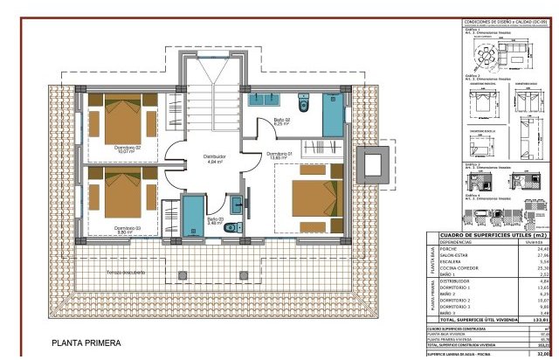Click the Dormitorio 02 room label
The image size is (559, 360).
tap(127, 148)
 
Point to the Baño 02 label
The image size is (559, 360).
tap(282, 121)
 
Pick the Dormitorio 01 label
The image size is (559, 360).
tap(280, 153)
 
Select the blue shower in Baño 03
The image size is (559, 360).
tap(191, 215)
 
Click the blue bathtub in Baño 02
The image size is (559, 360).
tap(332, 114)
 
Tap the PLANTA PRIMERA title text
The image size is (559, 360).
tap(86, 343)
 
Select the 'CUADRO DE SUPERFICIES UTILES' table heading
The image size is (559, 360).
tap(491, 234)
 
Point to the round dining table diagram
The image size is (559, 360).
tap(485, 58)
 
